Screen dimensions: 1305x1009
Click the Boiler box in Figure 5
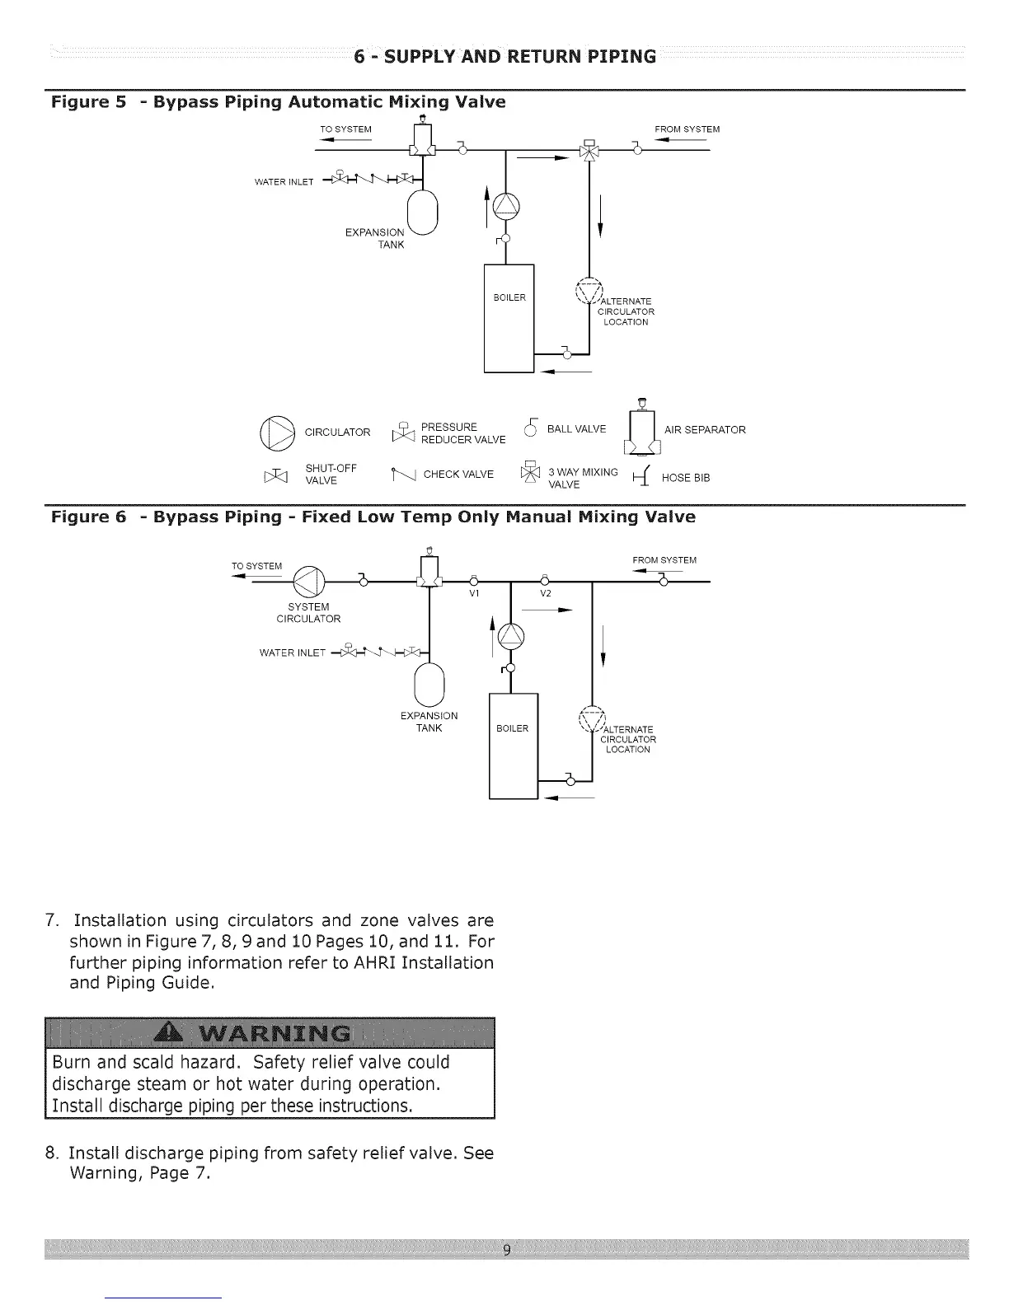click(x=509, y=318)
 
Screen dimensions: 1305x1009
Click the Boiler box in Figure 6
click(x=513, y=746)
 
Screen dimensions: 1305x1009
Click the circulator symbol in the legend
click(x=277, y=433)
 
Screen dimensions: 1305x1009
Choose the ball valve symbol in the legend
click(x=532, y=428)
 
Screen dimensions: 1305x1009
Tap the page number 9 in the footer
click(x=506, y=1250)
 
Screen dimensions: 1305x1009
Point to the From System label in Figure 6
click(x=664, y=560)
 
